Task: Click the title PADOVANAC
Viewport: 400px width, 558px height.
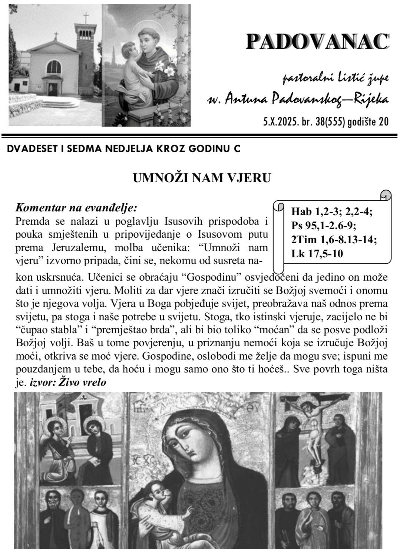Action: tap(317, 41)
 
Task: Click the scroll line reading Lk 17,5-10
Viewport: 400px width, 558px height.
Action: tap(317, 254)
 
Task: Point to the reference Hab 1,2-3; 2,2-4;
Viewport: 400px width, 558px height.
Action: tap(332, 212)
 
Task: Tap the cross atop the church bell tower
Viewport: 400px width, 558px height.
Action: tap(86, 18)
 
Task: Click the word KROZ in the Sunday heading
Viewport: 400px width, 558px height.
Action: tap(177, 149)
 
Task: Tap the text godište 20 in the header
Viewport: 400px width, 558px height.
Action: tap(368, 122)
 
